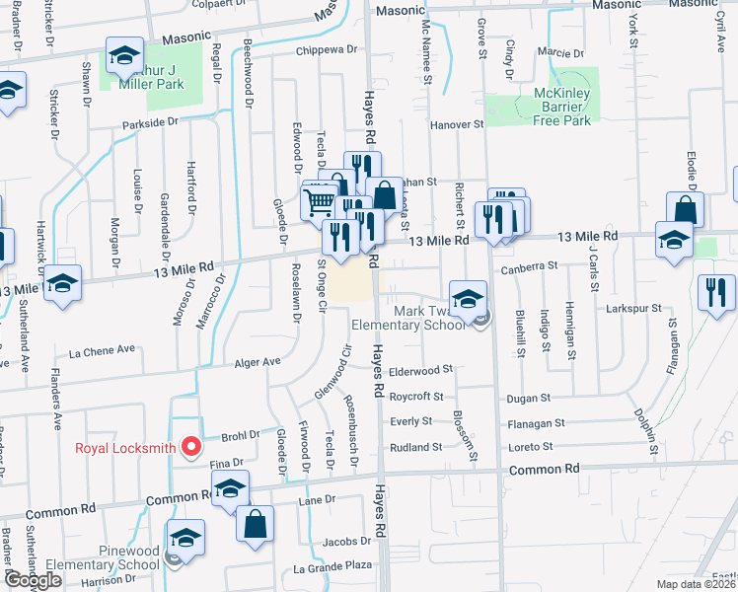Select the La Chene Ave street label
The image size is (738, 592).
(x=102, y=350)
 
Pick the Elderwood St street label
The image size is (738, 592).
(x=420, y=371)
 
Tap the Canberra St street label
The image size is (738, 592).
(x=529, y=266)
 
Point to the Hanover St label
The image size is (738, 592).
(x=458, y=125)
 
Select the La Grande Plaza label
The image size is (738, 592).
(x=332, y=567)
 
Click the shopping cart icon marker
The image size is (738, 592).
(x=319, y=202)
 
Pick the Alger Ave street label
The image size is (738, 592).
(x=258, y=362)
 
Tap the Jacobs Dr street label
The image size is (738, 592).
(x=345, y=541)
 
